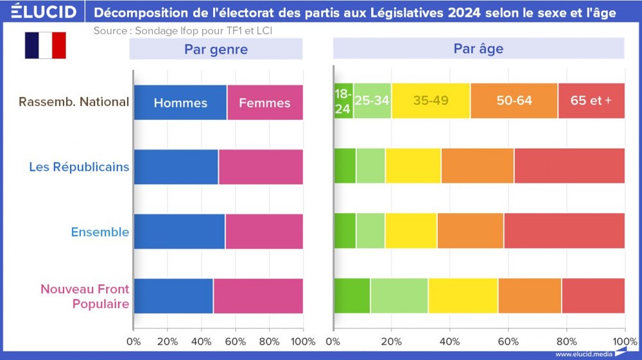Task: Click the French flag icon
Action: click(45, 46)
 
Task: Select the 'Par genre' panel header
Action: click(216, 49)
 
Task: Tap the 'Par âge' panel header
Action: click(478, 49)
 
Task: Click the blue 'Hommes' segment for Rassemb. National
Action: click(180, 102)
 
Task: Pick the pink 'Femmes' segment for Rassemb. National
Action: click(265, 102)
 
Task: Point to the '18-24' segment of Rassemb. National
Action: click(343, 102)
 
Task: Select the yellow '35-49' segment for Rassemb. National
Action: click(431, 101)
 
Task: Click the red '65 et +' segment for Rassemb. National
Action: click(591, 101)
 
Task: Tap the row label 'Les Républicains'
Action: click(78, 167)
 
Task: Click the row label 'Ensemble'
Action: click(100, 232)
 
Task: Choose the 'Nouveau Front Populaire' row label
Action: click(84, 296)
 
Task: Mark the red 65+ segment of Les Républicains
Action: click(569, 166)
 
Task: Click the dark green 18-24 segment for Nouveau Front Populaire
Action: click(352, 296)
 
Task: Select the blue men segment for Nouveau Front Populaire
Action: click(173, 296)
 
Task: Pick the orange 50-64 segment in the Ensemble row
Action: click(470, 231)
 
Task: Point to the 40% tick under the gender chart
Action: click(201, 341)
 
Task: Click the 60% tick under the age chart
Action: click(508, 341)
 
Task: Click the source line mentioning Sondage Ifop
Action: click(187, 30)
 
